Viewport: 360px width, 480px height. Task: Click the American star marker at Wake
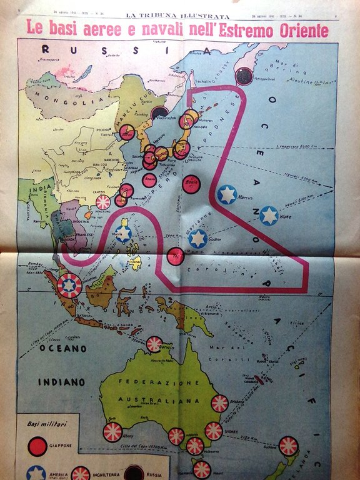click(x=269, y=216)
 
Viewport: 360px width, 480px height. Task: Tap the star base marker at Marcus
click(x=227, y=194)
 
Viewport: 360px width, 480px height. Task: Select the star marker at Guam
click(x=198, y=238)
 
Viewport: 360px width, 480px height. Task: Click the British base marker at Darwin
click(x=154, y=344)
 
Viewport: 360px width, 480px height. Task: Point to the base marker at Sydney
click(x=214, y=431)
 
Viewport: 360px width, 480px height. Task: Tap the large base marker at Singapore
click(x=69, y=286)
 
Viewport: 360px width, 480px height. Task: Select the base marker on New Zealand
click(x=288, y=446)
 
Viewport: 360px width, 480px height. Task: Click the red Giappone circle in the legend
click(x=38, y=446)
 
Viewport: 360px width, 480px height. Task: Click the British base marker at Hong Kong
click(x=103, y=202)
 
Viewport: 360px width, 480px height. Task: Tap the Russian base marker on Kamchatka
click(x=243, y=76)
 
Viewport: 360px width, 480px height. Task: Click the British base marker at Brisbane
click(x=219, y=403)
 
